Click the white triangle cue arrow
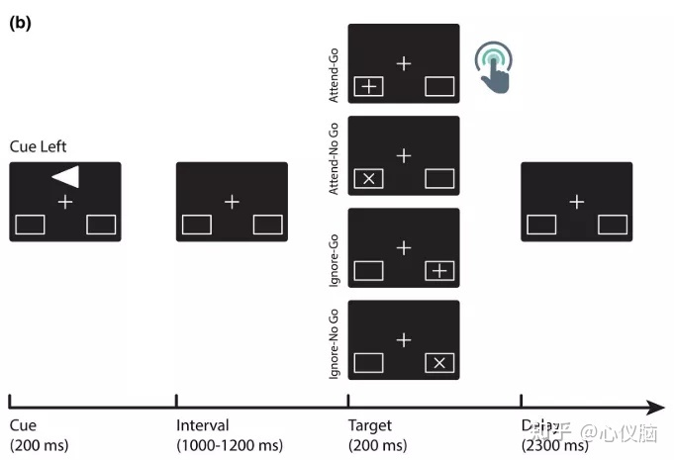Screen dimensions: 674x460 [67, 176]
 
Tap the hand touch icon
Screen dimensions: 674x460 [495, 66]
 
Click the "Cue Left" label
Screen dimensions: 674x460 [38, 146]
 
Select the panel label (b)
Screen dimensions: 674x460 [20, 23]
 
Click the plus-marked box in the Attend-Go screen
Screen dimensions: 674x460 [369, 87]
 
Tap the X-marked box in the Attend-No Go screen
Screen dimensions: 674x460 [369, 179]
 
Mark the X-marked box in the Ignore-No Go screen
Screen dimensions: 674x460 [439, 363]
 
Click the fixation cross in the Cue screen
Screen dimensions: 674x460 [64, 202]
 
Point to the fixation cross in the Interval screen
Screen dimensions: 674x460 [232, 202]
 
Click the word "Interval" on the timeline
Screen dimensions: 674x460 [202, 425]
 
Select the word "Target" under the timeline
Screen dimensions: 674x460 [370, 425]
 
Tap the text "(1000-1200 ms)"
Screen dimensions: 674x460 [230, 445]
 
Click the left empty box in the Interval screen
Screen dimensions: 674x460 [197, 225]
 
